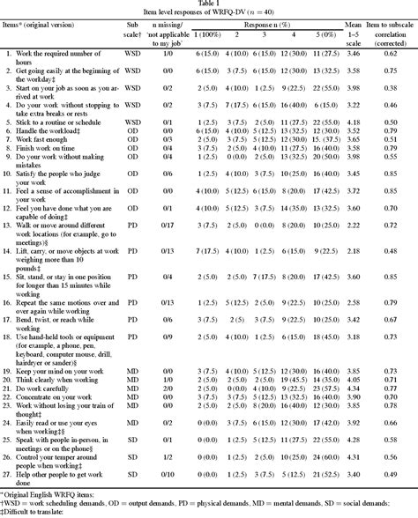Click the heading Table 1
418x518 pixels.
pos(209,5)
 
